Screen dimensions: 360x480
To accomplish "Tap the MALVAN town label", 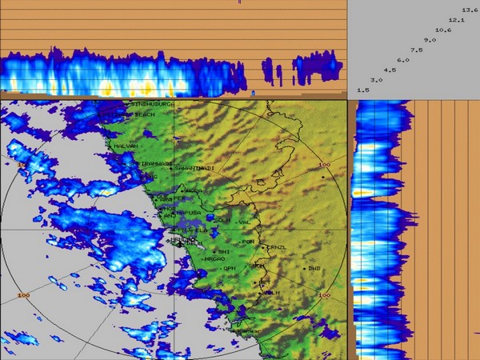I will pos(126,146).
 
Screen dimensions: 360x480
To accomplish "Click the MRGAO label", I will pos(214,258).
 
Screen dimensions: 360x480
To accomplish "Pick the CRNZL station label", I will pos(276,247).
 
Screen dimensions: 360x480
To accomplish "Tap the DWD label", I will pos(314,268).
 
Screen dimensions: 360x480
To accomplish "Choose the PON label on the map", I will pos(248,241).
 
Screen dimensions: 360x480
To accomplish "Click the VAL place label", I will pos(245,222).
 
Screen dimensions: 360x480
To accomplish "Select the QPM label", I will pos(229,268).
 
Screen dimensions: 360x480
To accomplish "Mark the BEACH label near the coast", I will pos(144,114).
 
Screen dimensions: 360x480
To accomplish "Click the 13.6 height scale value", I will pos(470,10).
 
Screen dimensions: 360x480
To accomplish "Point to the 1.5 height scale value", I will pos(362,90).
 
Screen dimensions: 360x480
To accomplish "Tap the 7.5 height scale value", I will pos(416,50).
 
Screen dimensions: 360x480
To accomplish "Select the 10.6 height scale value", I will pos(443,30).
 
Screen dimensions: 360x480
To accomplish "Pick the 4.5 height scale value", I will pos(390,70).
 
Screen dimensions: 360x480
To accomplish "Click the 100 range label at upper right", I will pos(324,164).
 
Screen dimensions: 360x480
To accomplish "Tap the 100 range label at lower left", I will pos(22,295).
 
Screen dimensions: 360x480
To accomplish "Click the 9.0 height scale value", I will pos(430,39).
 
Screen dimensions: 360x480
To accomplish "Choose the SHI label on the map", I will pos(224,250).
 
